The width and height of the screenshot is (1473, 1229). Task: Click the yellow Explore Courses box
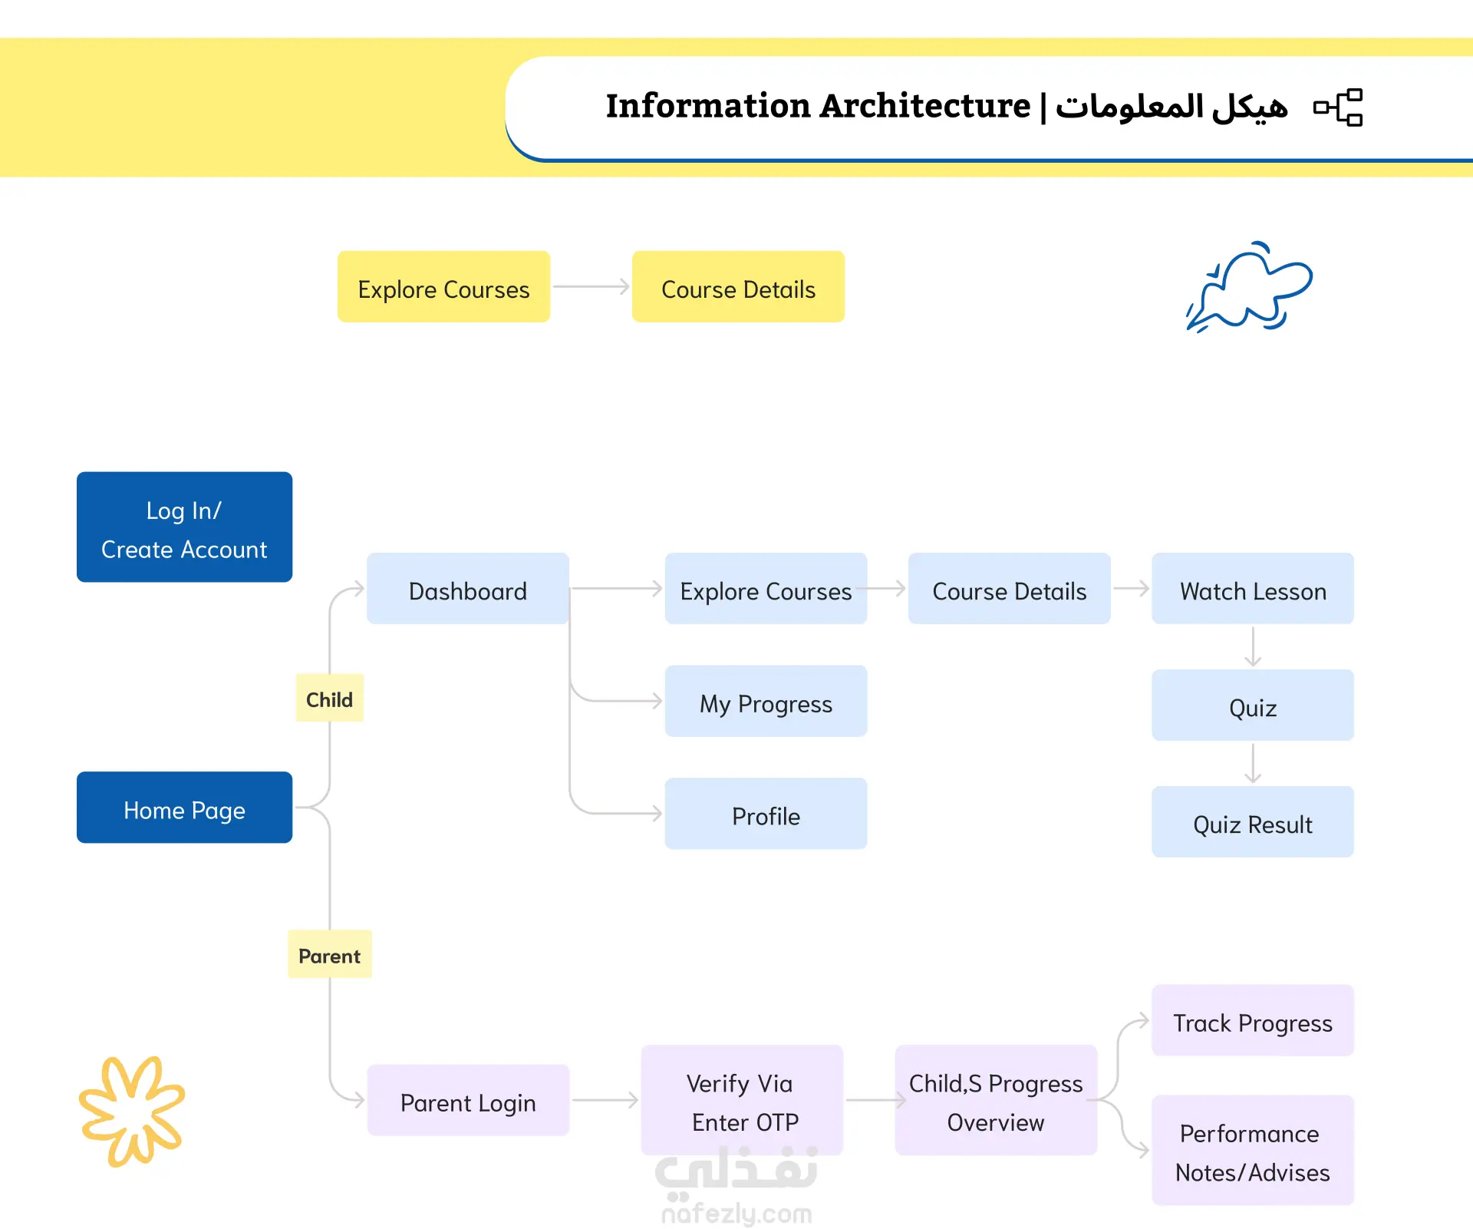coord(443,286)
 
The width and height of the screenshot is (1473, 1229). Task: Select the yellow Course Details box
coord(738,286)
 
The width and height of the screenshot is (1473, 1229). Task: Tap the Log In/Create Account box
coord(184,527)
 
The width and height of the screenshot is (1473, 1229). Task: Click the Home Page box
coord(184,808)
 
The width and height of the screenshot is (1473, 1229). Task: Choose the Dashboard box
coord(468,589)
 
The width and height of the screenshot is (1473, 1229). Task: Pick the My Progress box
coord(766,701)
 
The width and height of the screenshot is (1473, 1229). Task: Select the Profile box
coord(766,814)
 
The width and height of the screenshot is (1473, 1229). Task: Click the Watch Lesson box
coord(1253,589)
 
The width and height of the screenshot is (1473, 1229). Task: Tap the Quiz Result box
coord(1253,821)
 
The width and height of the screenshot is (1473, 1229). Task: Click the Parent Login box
coord(468,1100)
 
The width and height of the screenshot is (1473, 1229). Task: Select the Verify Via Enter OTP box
coord(742,1100)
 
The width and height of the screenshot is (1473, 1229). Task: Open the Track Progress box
coord(1253,1020)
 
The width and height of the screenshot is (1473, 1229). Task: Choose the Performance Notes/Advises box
coord(1253,1150)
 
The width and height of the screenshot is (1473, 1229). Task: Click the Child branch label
coord(329,699)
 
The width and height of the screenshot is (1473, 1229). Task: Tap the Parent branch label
coord(329,954)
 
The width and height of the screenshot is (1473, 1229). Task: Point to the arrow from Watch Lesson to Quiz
coord(1253,647)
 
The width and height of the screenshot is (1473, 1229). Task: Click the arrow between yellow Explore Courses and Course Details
coord(592,286)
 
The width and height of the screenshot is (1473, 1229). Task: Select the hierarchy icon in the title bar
coord(1338,107)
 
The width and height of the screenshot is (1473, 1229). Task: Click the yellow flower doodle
coord(132,1112)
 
